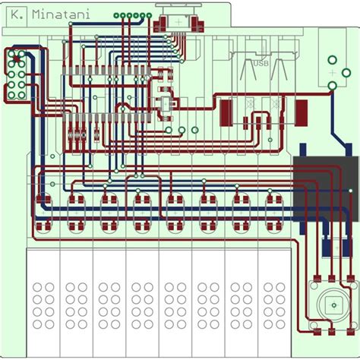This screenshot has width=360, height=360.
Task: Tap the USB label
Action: (x=261, y=63)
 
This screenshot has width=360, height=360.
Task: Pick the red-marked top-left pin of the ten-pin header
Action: (x=13, y=57)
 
